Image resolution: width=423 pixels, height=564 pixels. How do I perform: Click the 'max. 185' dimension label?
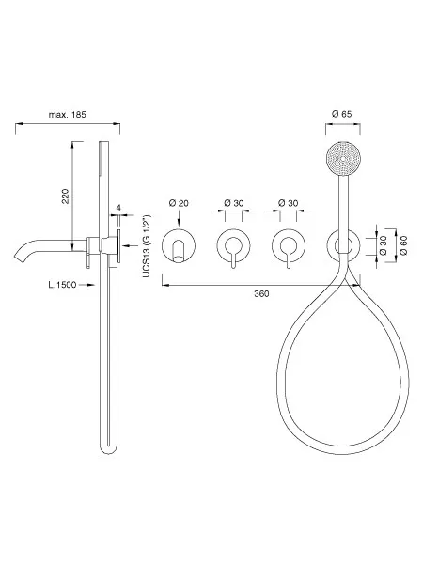(x=68, y=115)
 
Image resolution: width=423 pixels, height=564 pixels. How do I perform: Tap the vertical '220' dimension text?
(x=66, y=196)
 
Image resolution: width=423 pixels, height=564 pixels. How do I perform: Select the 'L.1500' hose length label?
(x=62, y=285)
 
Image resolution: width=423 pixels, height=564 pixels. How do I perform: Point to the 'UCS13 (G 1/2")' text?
(x=147, y=246)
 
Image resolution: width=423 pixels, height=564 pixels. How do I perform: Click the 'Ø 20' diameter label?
(x=179, y=203)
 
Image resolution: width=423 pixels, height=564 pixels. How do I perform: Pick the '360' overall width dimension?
(x=261, y=294)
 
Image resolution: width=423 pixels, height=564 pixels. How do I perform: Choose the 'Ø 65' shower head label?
(x=342, y=114)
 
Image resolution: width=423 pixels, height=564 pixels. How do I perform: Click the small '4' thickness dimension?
(x=118, y=208)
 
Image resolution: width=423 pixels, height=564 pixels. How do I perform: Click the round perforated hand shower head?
(x=343, y=159)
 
